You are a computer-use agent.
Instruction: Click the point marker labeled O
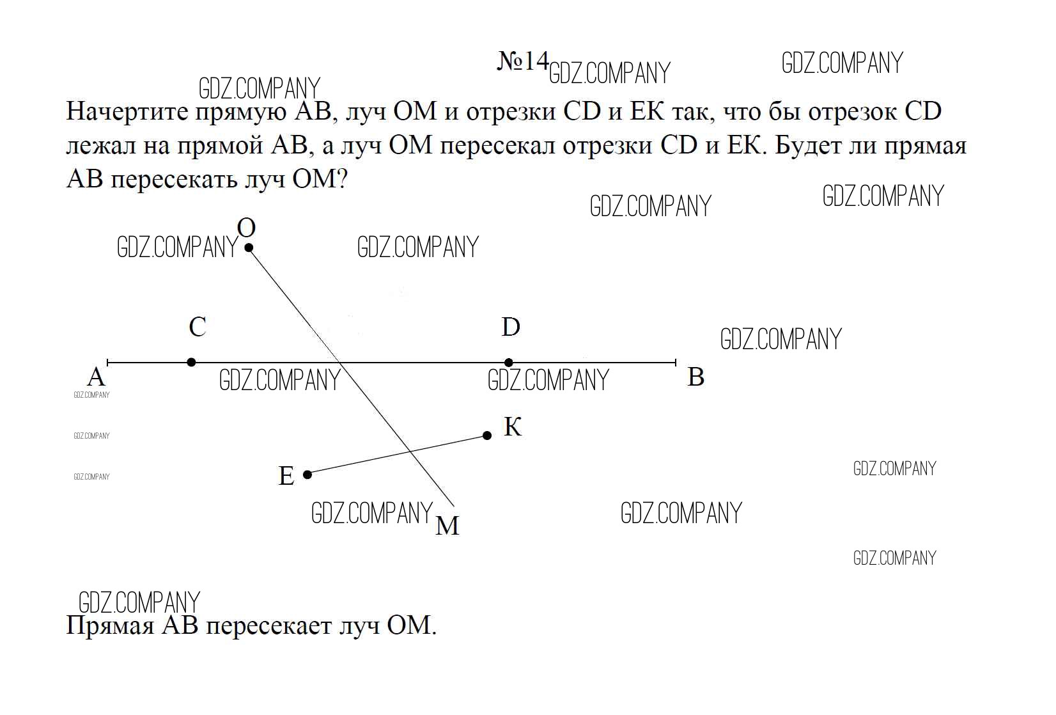(x=249, y=247)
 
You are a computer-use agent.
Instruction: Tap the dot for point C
(x=191, y=362)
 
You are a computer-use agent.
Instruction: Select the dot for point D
(x=508, y=362)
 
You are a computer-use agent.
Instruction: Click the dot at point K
(x=487, y=436)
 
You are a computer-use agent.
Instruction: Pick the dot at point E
(x=307, y=474)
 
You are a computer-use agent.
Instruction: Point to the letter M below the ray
(x=447, y=525)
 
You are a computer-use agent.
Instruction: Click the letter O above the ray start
(x=246, y=227)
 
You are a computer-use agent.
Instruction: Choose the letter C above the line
(x=198, y=326)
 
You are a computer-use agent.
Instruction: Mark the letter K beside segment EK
(x=513, y=427)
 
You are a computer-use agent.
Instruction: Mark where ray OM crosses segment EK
(x=411, y=452)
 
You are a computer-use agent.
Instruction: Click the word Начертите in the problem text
(x=127, y=112)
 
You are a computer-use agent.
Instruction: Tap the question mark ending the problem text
(x=342, y=179)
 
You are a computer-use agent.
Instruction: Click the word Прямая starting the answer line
(x=111, y=625)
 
